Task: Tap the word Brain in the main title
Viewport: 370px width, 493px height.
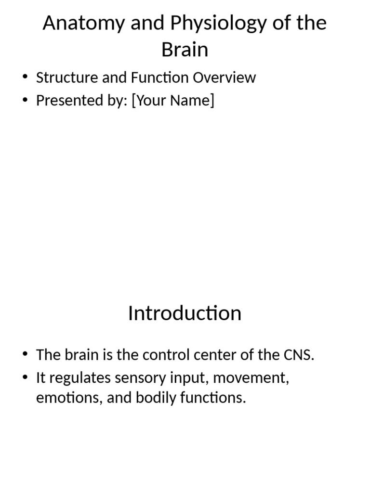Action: pyautogui.click(x=185, y=50)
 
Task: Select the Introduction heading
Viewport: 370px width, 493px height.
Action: pyautogui.click(x=185, y=313)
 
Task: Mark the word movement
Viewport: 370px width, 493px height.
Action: pyautogui.click(x=251, y=378)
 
